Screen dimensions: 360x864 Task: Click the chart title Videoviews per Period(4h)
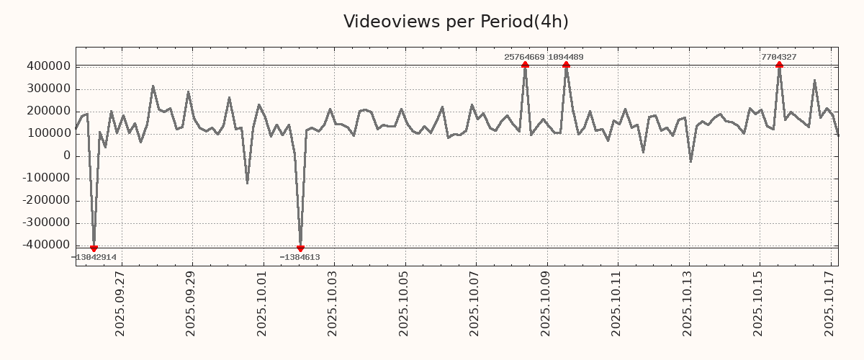pos(456,22)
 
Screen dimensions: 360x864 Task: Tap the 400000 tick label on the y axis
pos(48,66)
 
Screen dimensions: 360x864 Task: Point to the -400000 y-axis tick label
pos(45,246)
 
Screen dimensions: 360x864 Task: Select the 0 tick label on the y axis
pos(67,156)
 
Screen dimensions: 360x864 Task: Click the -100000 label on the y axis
pos(45,179)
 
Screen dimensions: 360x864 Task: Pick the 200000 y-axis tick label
pos(48,112)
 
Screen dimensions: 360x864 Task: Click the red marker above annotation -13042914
pos(94,248)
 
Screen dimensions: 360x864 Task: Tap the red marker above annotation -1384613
pos(300,248)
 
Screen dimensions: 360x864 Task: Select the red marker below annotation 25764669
pos(525,65)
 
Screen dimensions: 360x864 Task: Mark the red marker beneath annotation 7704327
pos(779,65)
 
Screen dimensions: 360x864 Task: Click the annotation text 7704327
pos(778,57)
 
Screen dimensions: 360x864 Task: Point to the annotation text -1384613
pos(300,257)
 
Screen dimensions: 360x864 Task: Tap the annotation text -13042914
pos(94,257)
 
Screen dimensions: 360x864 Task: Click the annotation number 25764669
pos(524,57)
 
